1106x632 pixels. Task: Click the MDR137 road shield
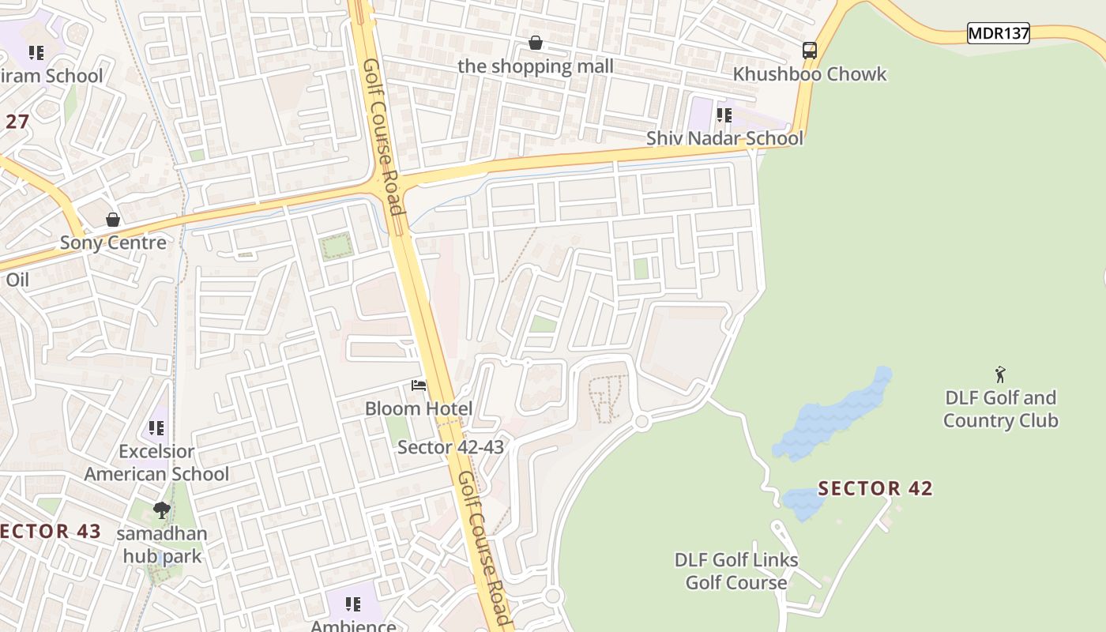(x=999, y=33)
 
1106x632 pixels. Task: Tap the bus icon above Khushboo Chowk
(x=810, y=51)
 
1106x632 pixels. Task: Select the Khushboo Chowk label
(x=810, y=74)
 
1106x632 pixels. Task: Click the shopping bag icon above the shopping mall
(x=536, y=43)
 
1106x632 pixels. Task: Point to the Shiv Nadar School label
(x=724, y=138)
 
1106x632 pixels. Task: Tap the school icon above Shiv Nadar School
(x=724, y=116)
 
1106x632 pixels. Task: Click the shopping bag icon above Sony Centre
(x=113, y=220)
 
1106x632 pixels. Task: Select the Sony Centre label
(x=113, y=243)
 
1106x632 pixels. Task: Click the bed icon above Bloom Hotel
(x=419, y=386)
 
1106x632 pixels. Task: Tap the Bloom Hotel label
(x=419, y=408)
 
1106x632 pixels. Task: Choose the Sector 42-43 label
(x=450, y=447)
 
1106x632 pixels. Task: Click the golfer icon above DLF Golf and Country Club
(x=1001, y=374)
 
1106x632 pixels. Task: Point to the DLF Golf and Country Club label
(x=1001, y=408)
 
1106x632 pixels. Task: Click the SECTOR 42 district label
(x=875, y=489)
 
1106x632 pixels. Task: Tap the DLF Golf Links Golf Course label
(x=736, y=571)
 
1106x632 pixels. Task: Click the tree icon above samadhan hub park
(x=162, y=510)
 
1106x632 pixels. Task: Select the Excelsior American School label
(x=156, y=462)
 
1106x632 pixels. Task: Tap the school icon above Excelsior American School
(x=156, y=428)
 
